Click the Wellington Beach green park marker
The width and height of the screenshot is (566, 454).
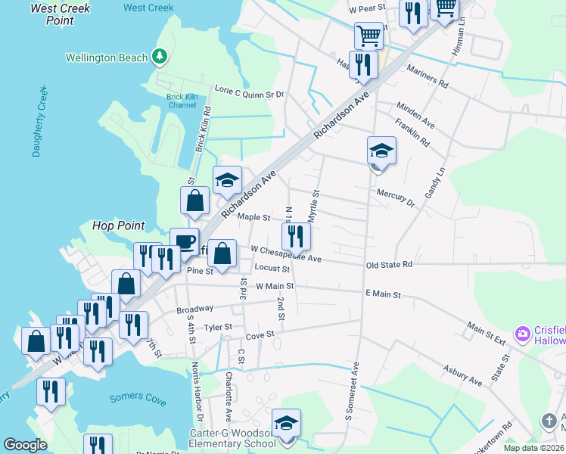point(159,56)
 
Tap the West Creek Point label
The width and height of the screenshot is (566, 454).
point(60,14)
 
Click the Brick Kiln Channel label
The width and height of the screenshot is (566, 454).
point(182,101)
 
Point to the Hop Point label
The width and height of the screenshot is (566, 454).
point(118,225)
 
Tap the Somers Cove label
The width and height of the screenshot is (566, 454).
point(136,397)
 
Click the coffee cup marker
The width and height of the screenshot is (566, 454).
point(184,241)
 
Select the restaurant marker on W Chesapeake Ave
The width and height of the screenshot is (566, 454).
point(296,236)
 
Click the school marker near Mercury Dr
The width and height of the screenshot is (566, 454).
point(381,151)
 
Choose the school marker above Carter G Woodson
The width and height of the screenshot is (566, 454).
point(286,422)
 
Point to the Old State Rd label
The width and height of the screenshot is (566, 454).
point(389,265)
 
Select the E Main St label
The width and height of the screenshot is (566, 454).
point(383,294)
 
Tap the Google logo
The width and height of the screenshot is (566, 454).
point(25,445)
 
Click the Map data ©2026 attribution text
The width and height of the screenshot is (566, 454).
point(533,448)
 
